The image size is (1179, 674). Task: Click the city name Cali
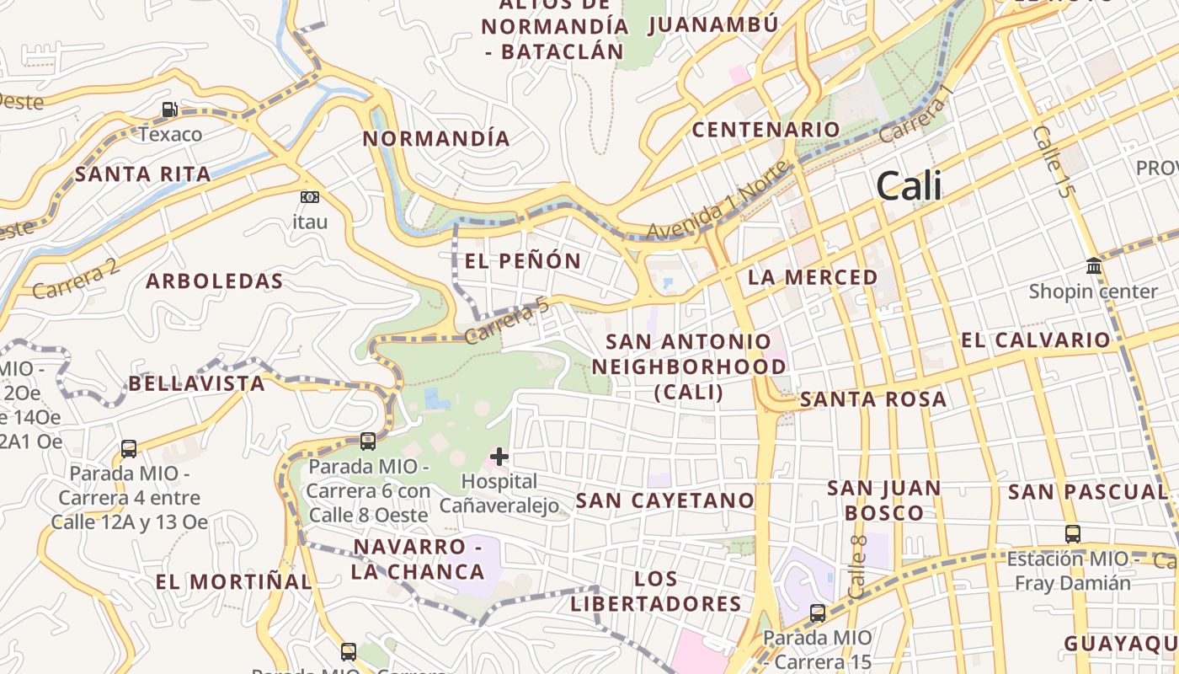[x=909, y=186]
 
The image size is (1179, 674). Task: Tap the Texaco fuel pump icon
[x=169, y=110]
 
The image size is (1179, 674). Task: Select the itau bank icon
[x=310, y=197]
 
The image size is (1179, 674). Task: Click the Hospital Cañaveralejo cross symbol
[x=499, y=457]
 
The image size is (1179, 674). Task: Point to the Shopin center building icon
[x=1094, y=266]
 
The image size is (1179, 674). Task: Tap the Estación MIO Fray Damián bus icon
[x=1072, y=533]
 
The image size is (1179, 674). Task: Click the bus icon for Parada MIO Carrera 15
[x=817, y=613]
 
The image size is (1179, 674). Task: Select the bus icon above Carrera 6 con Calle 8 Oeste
[x=367, y=441]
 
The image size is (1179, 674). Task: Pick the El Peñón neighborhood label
[x=523, y=261]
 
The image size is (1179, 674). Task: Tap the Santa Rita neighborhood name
[x=143, y=174]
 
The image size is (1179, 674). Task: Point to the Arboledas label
[x=215, y=281]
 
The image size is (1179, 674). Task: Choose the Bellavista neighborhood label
[x=196, y=384]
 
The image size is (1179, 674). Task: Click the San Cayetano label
[x=665, y=500]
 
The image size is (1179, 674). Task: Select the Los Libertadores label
[x=656, y=591]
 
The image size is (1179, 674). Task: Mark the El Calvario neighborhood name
[x=1035, y=340]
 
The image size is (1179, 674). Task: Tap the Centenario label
[x=766, y=130]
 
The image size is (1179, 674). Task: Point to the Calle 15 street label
[x=1053, y=162]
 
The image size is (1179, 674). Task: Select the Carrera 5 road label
[x=507, y=323]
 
